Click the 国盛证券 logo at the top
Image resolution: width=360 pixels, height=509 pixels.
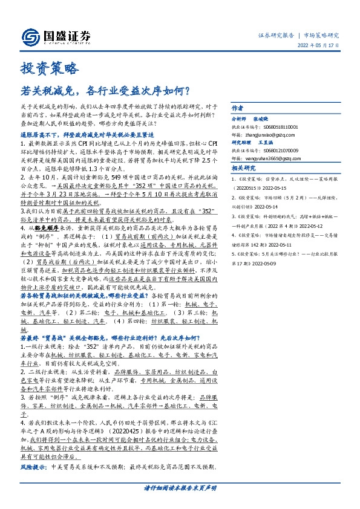click(x=55, y=36)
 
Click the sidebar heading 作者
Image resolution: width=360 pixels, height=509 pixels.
click(x=237, y=107)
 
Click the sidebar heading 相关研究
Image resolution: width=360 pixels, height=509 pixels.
click(x=244, y=169)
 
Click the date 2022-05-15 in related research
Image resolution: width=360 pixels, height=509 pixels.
click(x=273, y=188)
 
